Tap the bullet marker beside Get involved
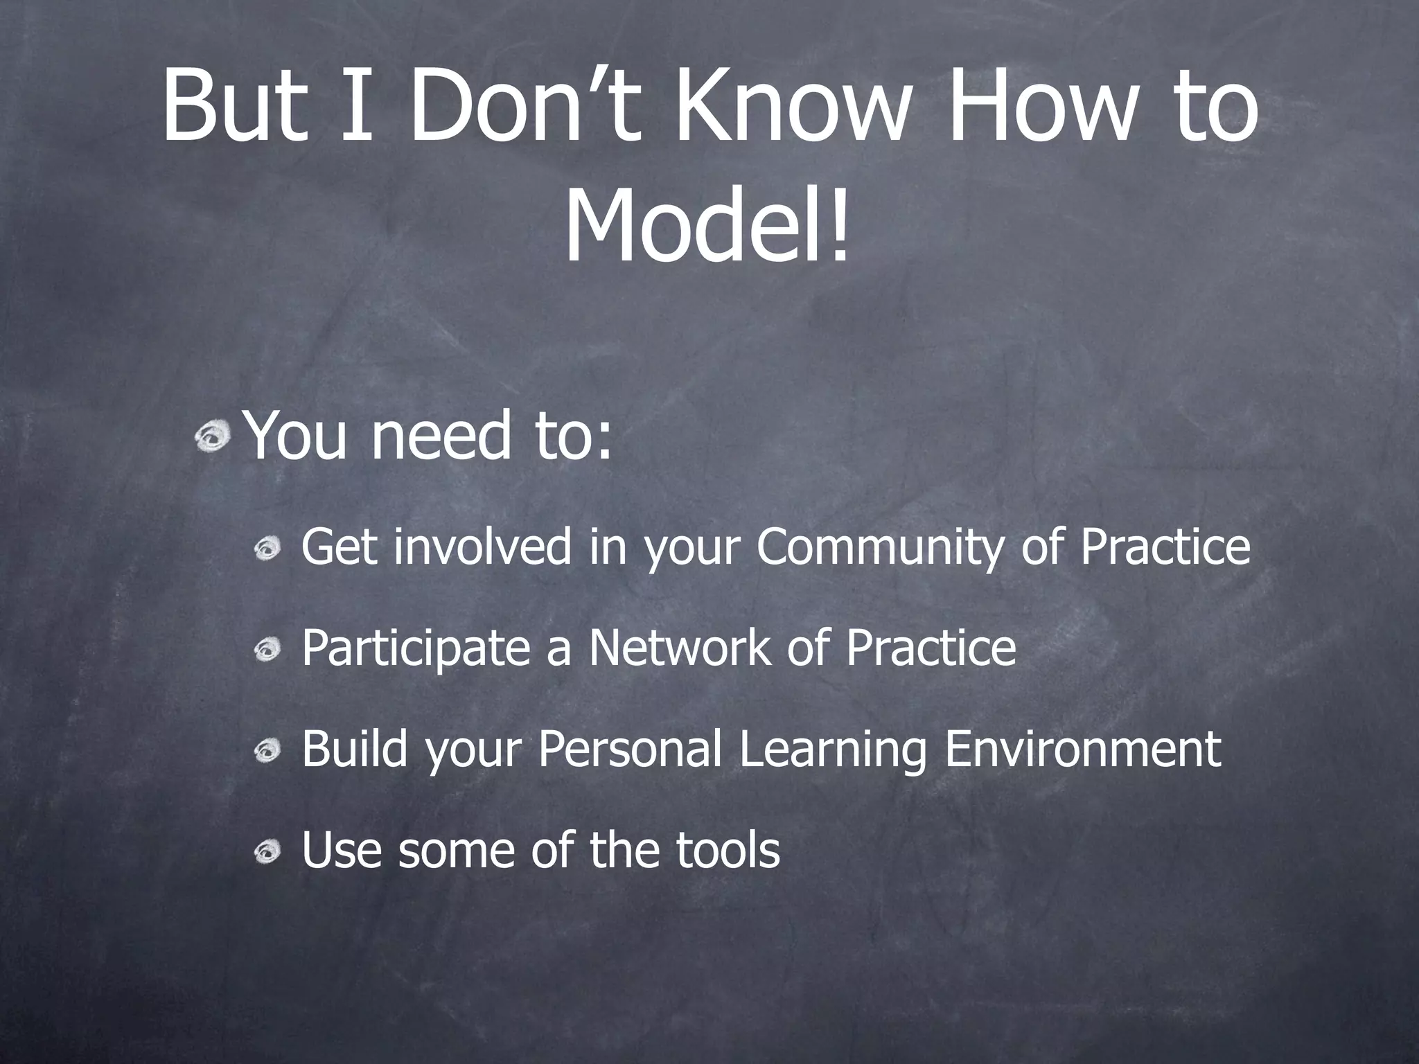point(267,551)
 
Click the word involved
point(482,547)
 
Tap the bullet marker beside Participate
point(267,650)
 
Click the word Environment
point(1082,750)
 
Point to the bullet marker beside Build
point(267,751)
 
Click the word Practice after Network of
point(931,648)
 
